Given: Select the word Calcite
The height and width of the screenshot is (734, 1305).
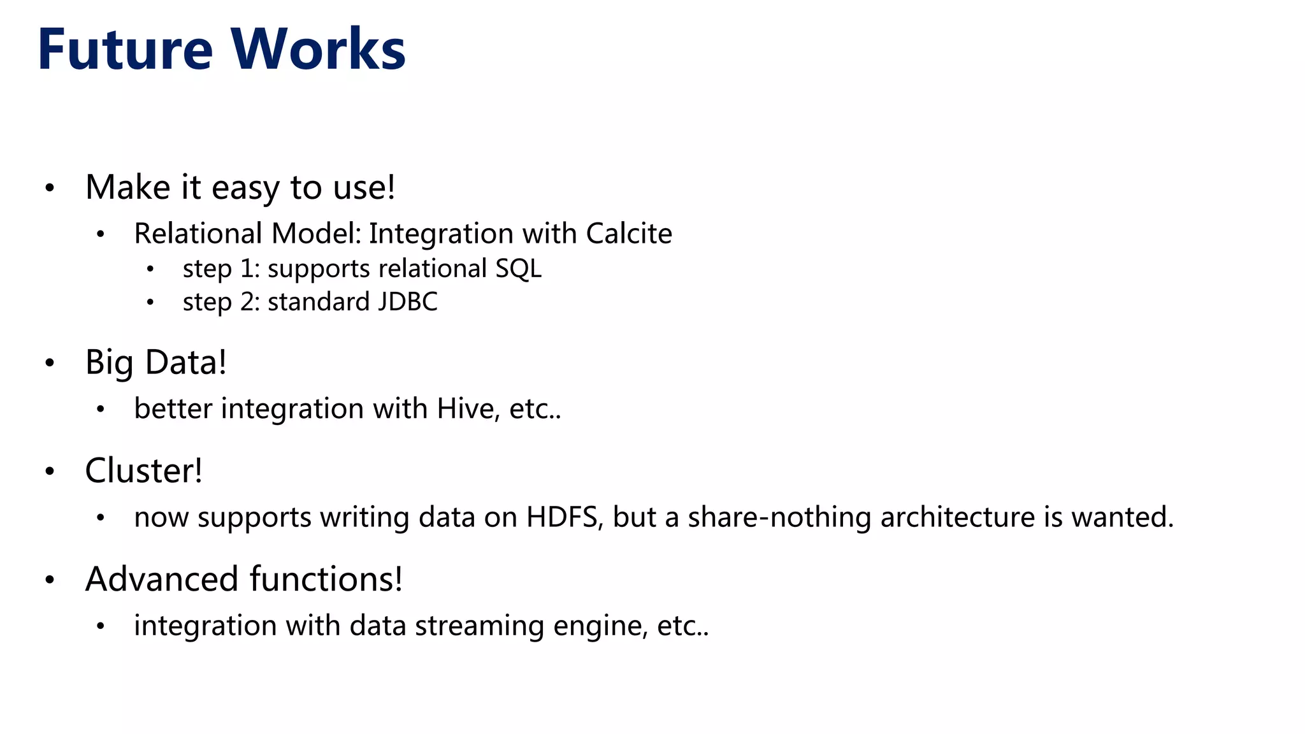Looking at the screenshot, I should (x=628, y=233).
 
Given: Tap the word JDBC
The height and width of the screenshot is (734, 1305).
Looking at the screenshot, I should (x=407, y=302).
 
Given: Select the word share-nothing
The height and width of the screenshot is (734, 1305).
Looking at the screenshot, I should (x=779, y=517).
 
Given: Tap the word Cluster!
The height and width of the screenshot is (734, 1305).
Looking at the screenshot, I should (x=143, y=471).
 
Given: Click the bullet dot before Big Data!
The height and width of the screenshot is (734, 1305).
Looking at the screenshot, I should (x=50, y=363).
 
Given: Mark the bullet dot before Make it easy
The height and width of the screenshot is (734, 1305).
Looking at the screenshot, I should (x=50, y=188).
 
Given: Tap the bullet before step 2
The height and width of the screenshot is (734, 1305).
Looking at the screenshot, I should (x=150, y=303).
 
